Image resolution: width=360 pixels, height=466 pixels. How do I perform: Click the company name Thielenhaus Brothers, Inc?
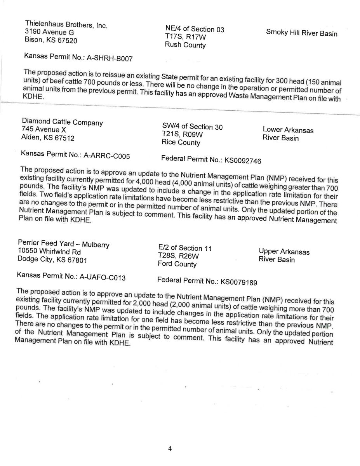pyautogui.click(x=66, y=24)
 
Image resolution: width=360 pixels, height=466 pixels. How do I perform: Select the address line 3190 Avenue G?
pyautogui.click(x=49, y=32)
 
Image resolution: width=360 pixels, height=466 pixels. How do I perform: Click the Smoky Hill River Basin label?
pyautogui.click(x=302, y=33)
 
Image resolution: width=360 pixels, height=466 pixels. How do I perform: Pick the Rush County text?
pyautogui.click(x=185, y=45)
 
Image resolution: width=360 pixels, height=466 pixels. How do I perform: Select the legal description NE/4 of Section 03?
pyautogui.click(x=195, y=29)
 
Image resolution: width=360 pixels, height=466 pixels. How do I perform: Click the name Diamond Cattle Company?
pyautogui.click(x=62, y=122)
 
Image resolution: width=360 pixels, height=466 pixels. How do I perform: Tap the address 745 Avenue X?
pyautogui.click(x=43, y=130)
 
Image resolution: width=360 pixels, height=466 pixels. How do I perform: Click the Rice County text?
pyautogui.click(x=181, y=143)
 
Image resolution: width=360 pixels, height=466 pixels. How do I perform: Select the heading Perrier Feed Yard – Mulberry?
pyautogui.click(x=64, y=244)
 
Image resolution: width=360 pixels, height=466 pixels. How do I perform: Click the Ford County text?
pyautogui.click(x=177, y=264)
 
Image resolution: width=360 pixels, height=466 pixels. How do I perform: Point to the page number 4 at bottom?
pyautogui.click(x=170, y=449)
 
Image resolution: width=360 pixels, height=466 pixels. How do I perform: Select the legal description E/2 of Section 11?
pyautogui.click(x=185, y=248)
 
